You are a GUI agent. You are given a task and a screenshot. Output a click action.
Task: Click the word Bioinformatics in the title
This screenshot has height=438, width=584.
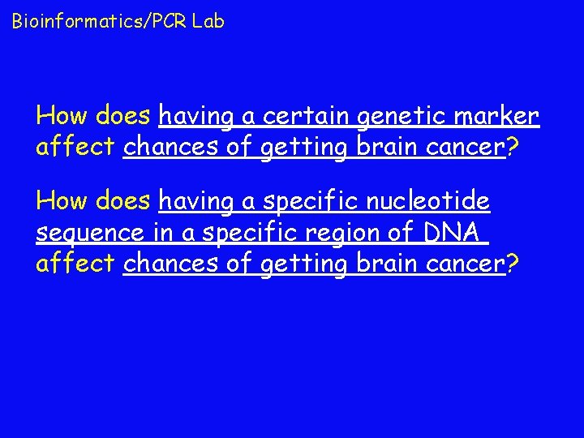pyautogui.click(x=66, y=22)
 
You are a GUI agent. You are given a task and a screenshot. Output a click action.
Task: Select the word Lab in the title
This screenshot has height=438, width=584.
pyautogui.click(x=208, y=22)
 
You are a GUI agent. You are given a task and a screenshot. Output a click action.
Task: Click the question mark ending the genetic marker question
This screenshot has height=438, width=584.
pyautogui.click(x=512, y=148)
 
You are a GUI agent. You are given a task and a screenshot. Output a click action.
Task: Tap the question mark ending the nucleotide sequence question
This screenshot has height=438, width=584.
pyautogui.click(x=512, y=264)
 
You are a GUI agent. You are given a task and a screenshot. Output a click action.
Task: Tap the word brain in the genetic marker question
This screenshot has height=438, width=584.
pyautogui.click(x=382, y=148)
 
